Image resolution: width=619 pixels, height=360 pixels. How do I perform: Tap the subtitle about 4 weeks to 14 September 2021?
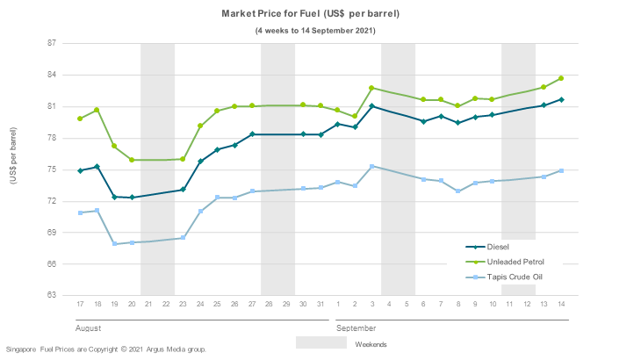[316, 31]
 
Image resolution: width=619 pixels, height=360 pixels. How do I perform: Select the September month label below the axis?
[357, 326]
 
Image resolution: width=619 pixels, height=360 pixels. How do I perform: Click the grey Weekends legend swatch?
[320, 342]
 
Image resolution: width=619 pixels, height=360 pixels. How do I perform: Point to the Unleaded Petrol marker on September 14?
[561, 78]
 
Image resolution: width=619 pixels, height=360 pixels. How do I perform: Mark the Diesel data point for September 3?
[371, 106]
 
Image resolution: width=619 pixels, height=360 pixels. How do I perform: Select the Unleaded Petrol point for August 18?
[97, 110]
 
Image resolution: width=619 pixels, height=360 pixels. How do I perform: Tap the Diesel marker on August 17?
[80, 170]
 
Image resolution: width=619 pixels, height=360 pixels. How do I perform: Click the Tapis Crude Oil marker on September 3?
[371, 166]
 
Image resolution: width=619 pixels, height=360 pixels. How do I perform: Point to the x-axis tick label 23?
[183, 304]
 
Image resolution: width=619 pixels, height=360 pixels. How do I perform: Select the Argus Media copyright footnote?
[105, 349]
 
